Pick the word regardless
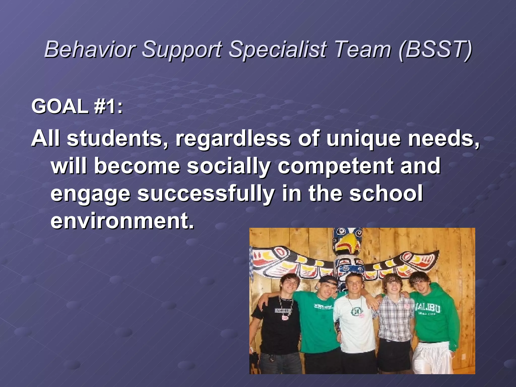(x=233, y=138)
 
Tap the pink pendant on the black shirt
(x=285, y=318)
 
